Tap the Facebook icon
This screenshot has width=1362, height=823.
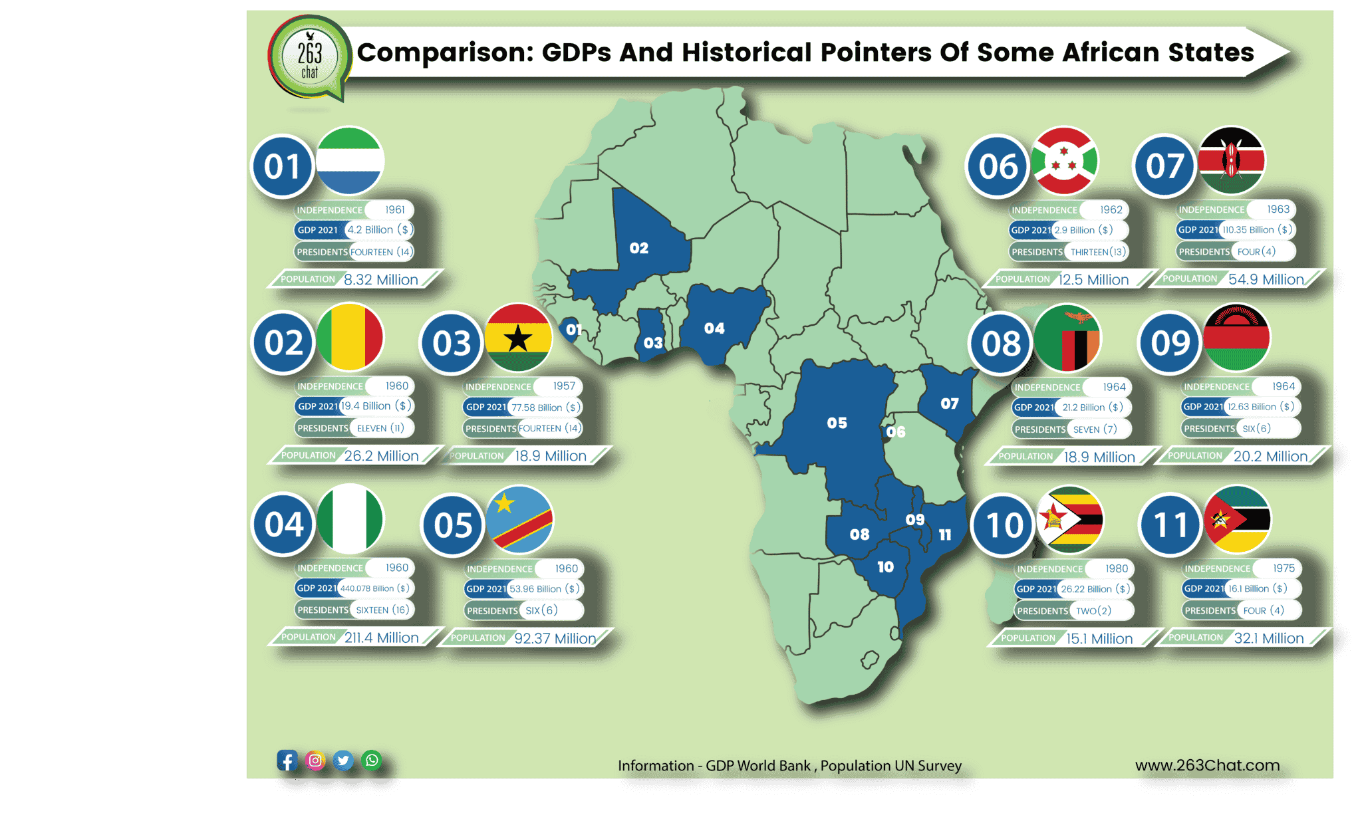[287, 761]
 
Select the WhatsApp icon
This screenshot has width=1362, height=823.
[372, 760]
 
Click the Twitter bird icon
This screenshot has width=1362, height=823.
[343, 761]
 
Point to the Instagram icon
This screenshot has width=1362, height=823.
[315, 761]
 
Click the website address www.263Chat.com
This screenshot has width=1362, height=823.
[1207, 765]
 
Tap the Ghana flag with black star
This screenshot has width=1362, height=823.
[518, 338]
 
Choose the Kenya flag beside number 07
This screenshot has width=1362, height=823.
[1231, 160]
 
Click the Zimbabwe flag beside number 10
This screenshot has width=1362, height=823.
[1069, 519]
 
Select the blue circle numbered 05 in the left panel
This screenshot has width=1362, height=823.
[453, 525]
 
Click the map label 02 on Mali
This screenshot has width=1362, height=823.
[638, 248]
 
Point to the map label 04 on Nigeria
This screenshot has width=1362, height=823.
[714, 328]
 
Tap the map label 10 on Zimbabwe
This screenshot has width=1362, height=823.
[885, 567]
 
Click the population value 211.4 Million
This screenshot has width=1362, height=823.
[382, 638]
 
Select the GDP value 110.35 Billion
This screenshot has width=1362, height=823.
[1248, 230]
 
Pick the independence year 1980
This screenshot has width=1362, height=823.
[1117, 568]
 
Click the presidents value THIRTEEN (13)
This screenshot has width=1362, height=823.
[1098, 252]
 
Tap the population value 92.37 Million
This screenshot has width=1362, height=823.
[555, 638]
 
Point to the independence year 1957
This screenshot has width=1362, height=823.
[564, 386]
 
